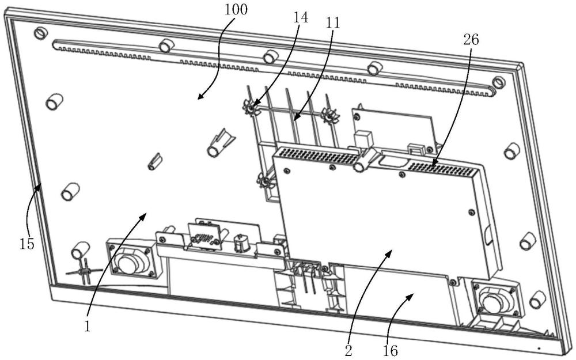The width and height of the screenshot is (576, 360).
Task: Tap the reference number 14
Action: coord(300,17)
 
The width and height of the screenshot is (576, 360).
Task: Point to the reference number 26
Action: coord(471,40)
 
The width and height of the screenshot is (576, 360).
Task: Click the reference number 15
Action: coord(27,244)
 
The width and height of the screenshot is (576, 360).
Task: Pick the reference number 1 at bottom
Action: coord(87,326)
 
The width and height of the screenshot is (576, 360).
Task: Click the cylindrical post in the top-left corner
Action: coord(40,33)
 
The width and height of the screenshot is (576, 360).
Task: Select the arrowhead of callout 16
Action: coord(412,294)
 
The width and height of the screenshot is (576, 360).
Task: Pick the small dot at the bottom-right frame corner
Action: coord(539,348)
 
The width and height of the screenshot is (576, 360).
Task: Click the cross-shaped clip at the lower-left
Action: coord(84,270)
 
